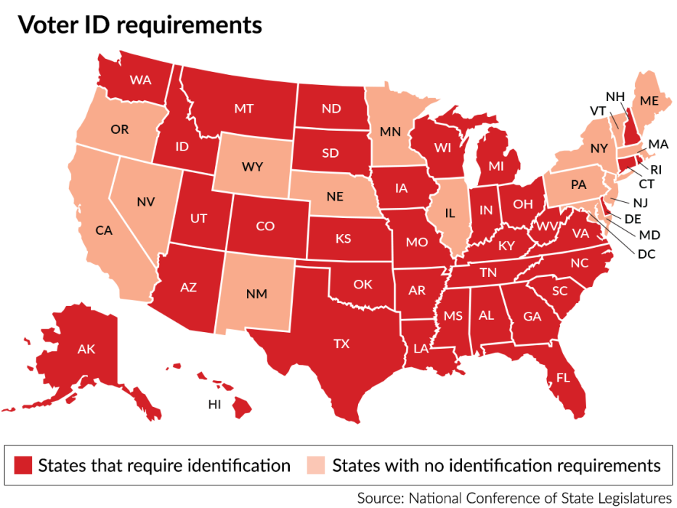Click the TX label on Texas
(x=341, y=344)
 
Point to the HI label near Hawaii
(x=214, y=405)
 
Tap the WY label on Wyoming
(x=252, y=167)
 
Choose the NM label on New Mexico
(x=256, y=294)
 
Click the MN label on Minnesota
(x=392, y=132)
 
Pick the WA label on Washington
(x=139, y=78)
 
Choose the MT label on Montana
(x=243, y=108)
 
